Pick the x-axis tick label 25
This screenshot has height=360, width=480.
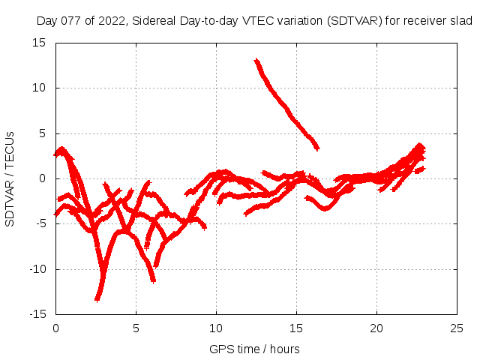point(457,328)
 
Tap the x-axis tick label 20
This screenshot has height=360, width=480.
point(377,328)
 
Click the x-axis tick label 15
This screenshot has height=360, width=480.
point(297,328)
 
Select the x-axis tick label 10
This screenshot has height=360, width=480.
point(216,328)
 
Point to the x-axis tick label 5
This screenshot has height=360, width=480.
point(136,328)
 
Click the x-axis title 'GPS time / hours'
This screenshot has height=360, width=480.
point(254,349)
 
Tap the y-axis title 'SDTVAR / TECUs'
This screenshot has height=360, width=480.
point(10,178)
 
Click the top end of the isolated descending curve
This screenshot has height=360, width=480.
point(256,60)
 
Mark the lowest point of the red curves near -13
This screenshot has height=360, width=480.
point(97,299)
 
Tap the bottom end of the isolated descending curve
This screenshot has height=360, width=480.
point(317,147)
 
